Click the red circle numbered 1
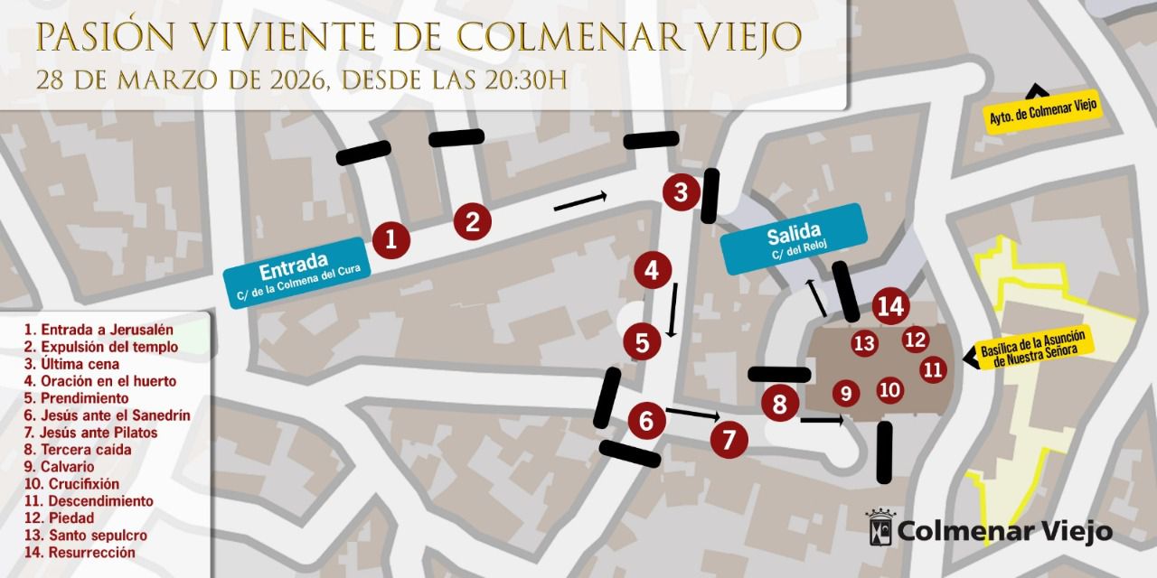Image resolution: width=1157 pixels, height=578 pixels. (x=390, y=239)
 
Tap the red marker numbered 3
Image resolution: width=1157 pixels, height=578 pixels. (x=681, y=191)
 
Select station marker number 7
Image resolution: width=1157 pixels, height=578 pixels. (x=729, y=439)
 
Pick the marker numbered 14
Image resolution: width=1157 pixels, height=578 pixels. (x=890, y=307)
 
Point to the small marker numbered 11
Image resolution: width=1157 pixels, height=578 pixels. (x=933, y=369)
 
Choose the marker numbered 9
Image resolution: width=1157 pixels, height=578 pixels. (x=845, y=393)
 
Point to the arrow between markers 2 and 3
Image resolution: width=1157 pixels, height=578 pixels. (x=580, y=201)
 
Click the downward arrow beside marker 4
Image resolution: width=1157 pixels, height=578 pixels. (x=673, y=310)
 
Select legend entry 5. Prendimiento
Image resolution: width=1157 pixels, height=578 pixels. (x=77, y=398)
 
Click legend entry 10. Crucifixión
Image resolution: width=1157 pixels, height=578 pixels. (x=72, y=484)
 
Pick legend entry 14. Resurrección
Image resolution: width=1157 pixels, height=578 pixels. (x=80, y=552)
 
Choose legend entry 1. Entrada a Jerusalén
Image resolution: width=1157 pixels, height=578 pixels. (x=99, y=330)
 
